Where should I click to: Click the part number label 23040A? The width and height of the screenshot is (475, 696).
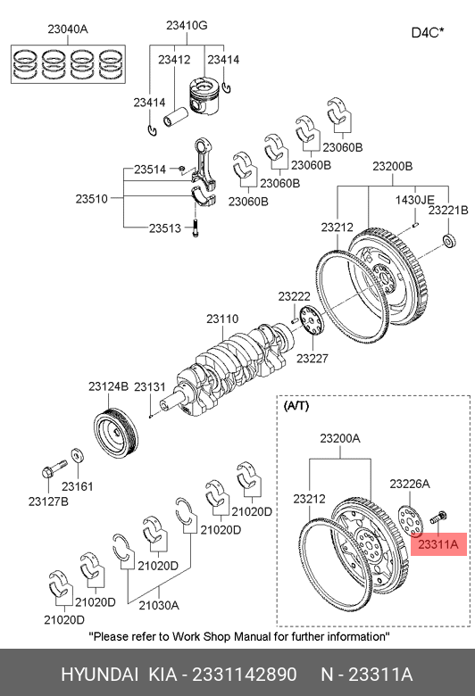click(68, 29)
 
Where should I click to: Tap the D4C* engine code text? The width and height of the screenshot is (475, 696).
click(428, 32)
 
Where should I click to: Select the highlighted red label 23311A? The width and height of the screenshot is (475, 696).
click(438, 543)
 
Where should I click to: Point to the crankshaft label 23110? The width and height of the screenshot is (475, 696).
click(222, 319)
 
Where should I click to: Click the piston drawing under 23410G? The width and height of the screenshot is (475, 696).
click(204, 95)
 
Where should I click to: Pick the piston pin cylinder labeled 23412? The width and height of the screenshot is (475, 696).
click(176, 116)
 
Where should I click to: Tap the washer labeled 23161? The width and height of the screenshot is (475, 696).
click(79, 455)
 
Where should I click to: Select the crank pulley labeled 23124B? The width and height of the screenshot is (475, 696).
click(116, 433)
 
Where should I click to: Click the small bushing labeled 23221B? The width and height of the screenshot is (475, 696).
click(450, 240)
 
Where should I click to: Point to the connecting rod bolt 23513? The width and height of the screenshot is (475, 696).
click(195, 228)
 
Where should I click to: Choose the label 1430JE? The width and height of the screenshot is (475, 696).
click(415, 200)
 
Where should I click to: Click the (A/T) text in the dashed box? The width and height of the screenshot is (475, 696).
click(296, 406)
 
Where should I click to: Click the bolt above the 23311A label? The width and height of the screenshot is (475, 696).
click(438, 518)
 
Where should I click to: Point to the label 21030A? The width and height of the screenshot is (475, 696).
click(159, 605)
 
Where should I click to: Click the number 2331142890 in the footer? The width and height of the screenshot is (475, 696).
click(244, 675)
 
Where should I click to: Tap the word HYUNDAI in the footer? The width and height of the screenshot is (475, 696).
click(99, 675)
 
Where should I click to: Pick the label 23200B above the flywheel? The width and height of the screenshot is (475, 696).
click(392, 166)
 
